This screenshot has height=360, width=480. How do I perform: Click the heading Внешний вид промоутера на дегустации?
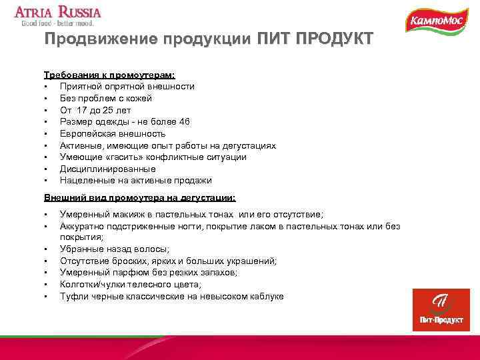pos(139,198)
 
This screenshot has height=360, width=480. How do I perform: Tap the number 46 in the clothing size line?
pos(185,121)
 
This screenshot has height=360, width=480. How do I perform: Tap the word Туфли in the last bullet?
pos(73,296)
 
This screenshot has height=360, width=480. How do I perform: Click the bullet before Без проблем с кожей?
pos(45,99)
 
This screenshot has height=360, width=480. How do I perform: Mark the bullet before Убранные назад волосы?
pos(45,249)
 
